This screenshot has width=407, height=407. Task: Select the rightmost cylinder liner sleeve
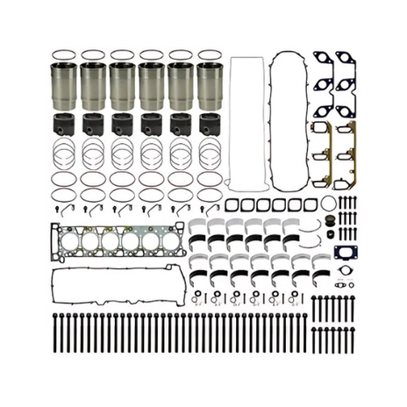(x=210, y=83)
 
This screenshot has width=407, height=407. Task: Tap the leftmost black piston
(x=66, y=122)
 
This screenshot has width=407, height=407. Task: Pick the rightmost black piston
(x=209, y=122)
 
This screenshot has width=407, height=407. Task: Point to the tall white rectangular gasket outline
(x=247, y=123)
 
